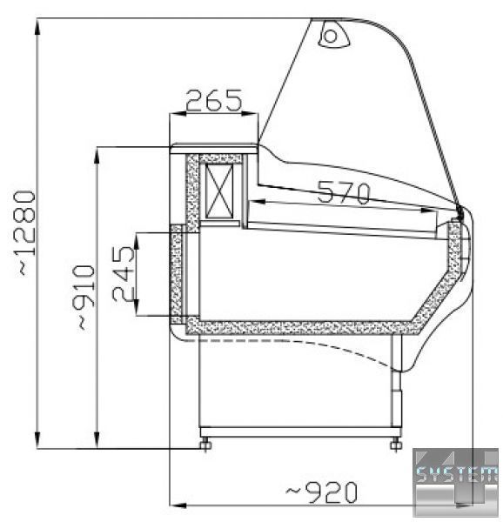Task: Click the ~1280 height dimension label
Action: tap(25, 232)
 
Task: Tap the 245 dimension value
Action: tap(124, 274)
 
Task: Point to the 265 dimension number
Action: tap(213, 100)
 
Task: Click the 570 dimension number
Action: tap(345, 192)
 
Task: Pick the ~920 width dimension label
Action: tap(321, 492)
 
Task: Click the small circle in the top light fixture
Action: tap(331, 36)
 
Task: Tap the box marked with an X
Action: tap(219, 191)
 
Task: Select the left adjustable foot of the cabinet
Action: tap(205, 445)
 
